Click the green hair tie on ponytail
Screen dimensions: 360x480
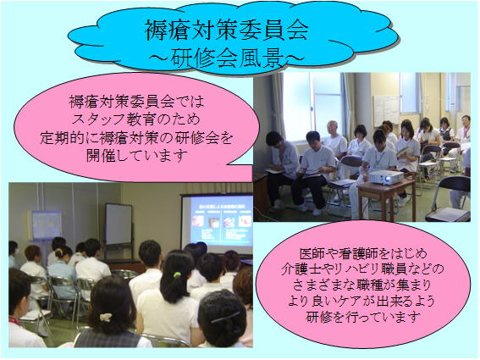(x=175, y=277)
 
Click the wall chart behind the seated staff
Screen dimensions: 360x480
(x=386, y=108)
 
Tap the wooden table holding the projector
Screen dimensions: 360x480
(x=385, y=193)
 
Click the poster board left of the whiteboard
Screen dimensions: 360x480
(x=45, y=225)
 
